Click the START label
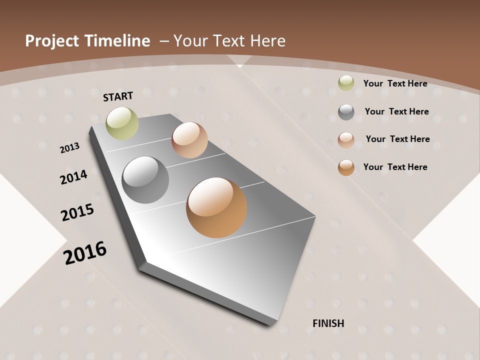click(118, 96)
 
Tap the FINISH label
click(328, 323)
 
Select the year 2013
click(69, 148)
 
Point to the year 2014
click(73, 177)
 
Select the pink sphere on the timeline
click(189, 140)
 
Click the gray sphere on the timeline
click(145, 180)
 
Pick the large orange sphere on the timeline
click(216, 207)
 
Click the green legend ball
click(346, 83)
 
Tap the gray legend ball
click(346, 112)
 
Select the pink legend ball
click(346, 140)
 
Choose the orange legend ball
click(346, 167)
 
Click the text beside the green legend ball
click(395, 83)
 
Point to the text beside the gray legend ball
click(396, 111)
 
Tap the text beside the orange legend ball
click(395, 167)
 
